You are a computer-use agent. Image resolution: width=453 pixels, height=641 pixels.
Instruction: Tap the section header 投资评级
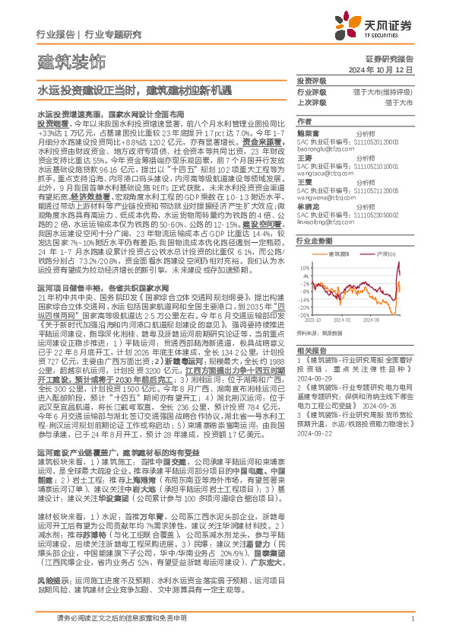click(x=311, y=81)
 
